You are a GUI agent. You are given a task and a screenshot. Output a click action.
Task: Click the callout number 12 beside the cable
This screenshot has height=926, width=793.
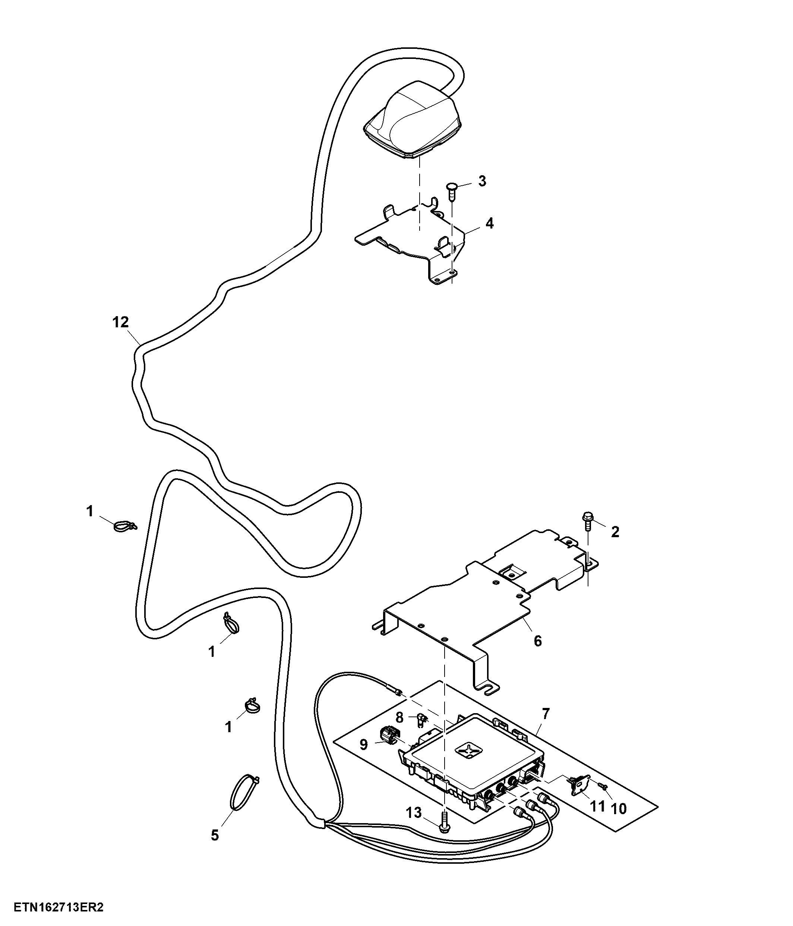(x=121, y=322)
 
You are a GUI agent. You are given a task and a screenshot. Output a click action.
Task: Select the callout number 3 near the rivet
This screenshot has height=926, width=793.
(x=482, y=181)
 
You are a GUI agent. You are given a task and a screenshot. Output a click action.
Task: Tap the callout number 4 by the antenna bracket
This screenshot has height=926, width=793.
(x=490, y=223)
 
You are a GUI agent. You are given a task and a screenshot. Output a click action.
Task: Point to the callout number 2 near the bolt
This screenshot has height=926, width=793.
(x=615, y=532)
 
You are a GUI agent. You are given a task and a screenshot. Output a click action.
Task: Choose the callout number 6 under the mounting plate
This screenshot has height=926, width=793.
(x=538, y=641)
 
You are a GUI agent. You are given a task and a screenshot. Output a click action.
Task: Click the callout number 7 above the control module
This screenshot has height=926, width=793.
(x=546, y=714)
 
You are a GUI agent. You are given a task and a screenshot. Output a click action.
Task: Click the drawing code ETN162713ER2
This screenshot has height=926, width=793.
(x=59, y=908)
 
